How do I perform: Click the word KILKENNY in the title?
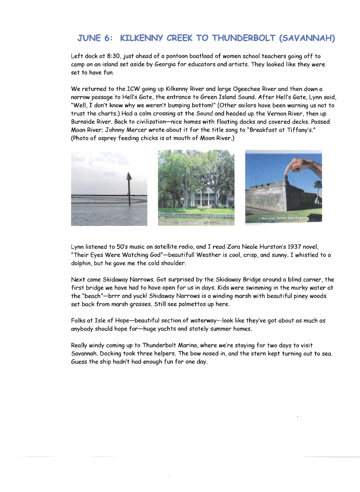pos(141,38)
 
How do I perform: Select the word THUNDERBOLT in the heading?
pos(244,38)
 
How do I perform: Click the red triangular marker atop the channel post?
pos(129,177)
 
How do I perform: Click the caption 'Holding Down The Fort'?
pos(282,218)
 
